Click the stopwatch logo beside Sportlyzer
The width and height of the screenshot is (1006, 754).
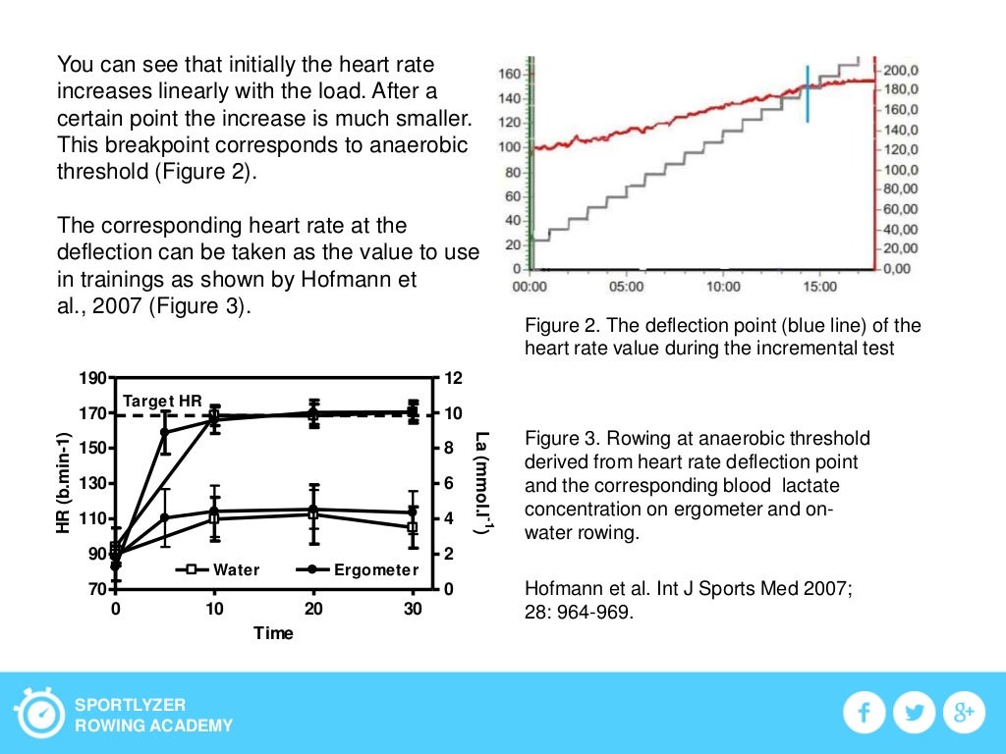[x=38, y=714]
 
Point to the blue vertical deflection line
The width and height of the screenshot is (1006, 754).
[x=808, y=94]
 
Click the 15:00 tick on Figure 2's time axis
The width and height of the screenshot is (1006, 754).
[x=820, y=287]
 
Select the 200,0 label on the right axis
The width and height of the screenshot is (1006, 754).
[x=901, y=71]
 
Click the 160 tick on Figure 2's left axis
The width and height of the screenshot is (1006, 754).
[x=510, y=74]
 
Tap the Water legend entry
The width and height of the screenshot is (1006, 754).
[x=218, y=569]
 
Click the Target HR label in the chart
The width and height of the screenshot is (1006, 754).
[x=163, y=401]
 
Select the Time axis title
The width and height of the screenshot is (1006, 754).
[x=273, y=633]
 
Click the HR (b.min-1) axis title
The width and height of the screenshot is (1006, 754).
[x=64, y=482]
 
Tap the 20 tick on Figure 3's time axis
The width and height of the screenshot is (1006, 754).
[x=314, y=609]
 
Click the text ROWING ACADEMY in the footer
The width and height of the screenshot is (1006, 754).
[x=154, y=726]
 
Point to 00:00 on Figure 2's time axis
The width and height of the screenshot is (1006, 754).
[x=531, y=287]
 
